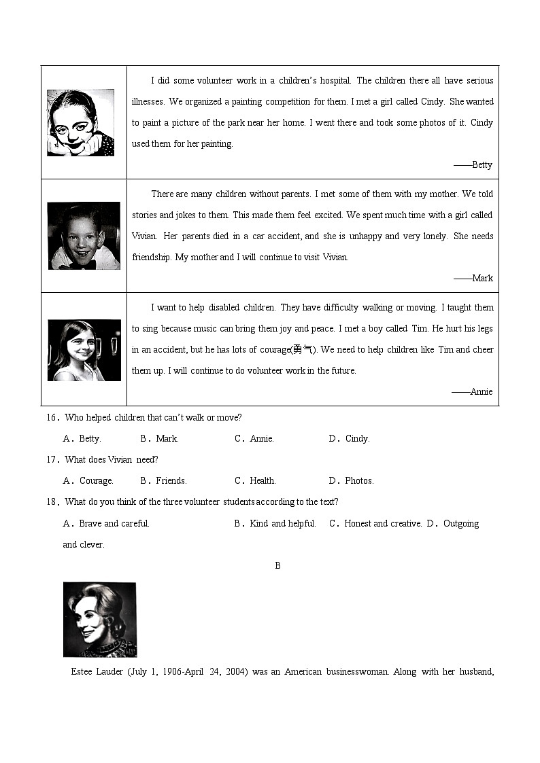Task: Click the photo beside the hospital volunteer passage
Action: [80, 123]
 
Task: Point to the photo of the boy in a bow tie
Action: [84, 236]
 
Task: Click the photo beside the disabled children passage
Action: [84, 350]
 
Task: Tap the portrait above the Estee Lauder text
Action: [99, 620]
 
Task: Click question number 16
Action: [53, 418]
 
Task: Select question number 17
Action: [53, 460]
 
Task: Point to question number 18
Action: [53, 502]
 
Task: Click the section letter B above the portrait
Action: [277, 566]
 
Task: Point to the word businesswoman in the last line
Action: [357, 672]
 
